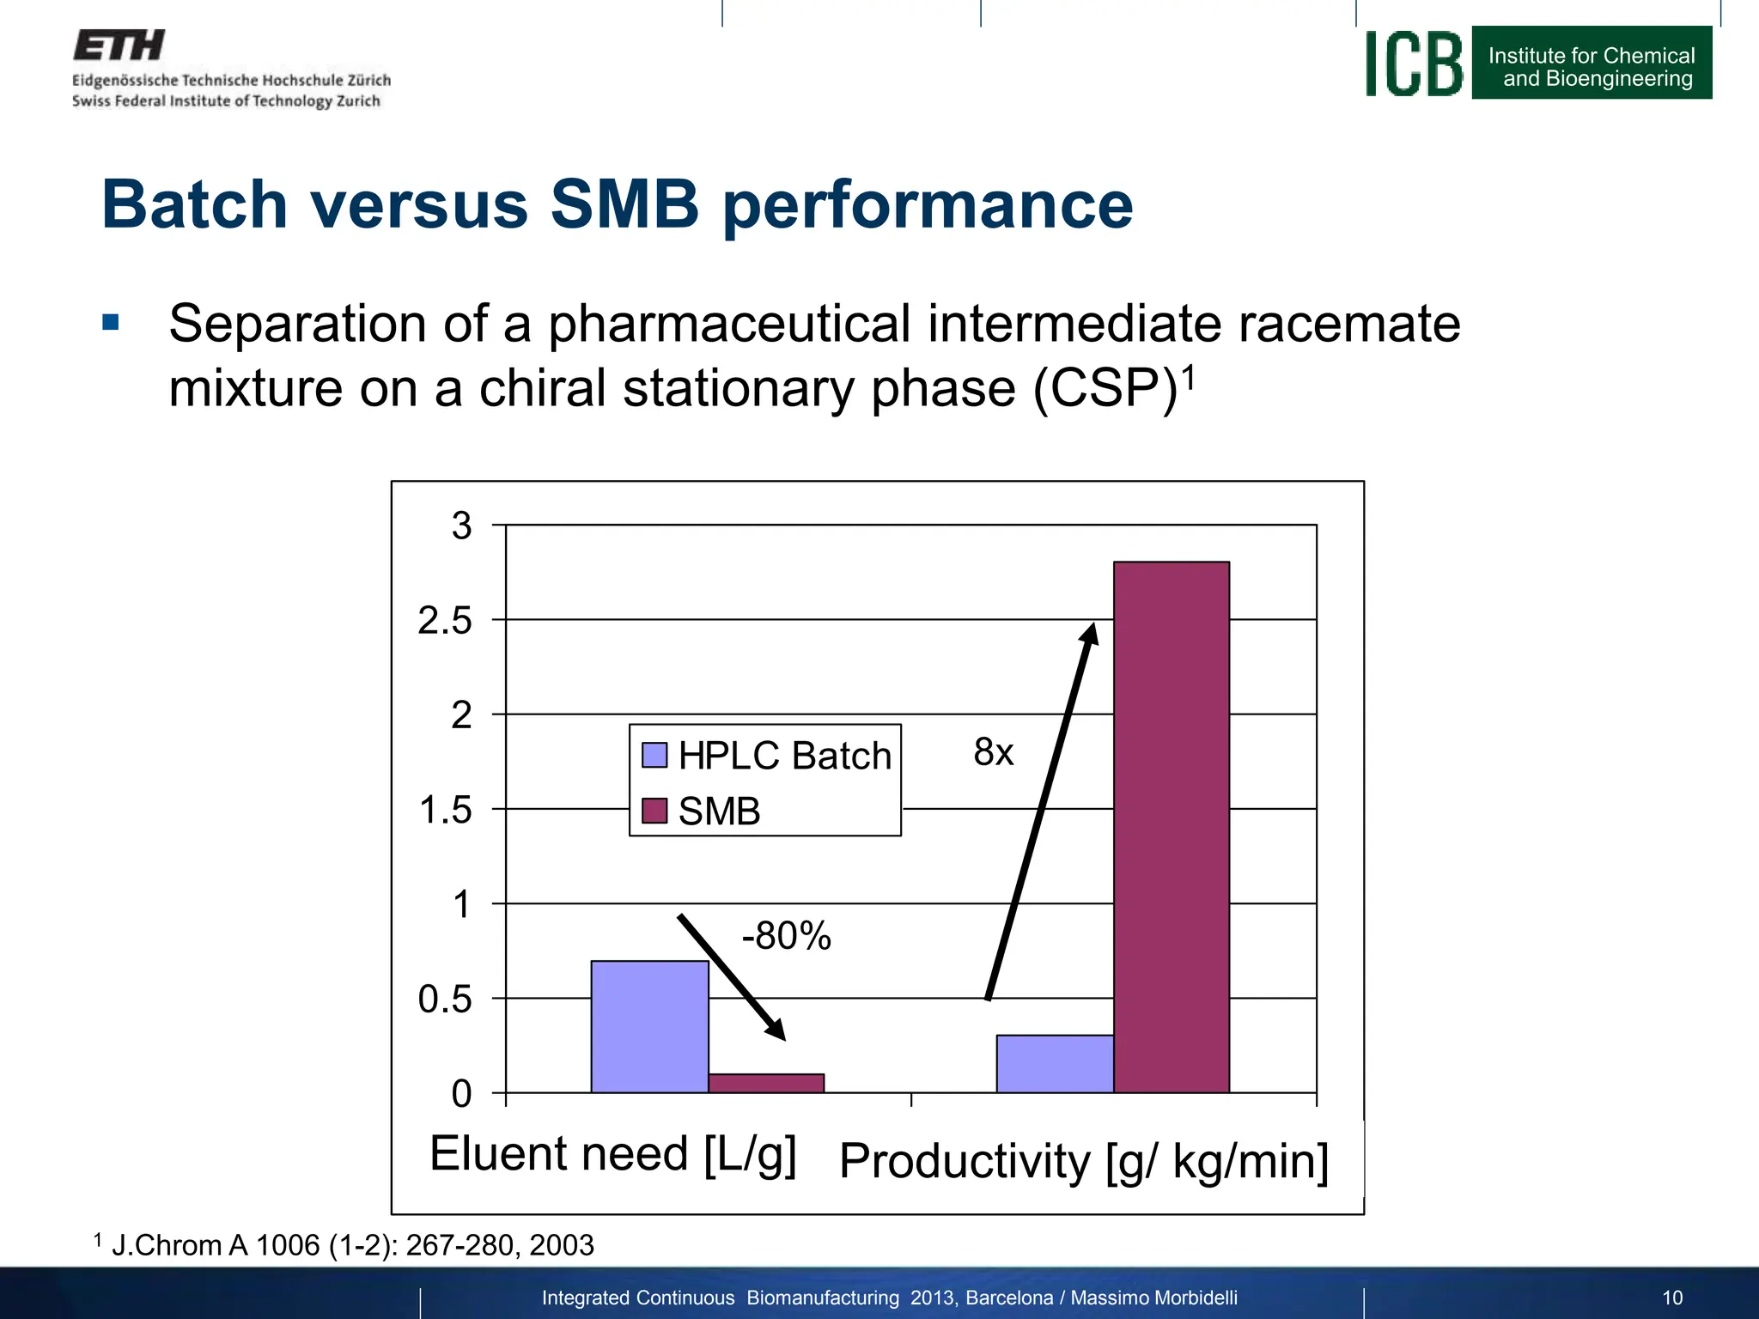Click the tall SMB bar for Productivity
(1171, 824)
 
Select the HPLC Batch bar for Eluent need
(649, 1026)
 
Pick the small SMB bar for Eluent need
(766, 1083)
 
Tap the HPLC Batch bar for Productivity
(1055, 1064)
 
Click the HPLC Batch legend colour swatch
(654, 755)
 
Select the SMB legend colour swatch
(654, 811)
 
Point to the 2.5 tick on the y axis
(445, 620)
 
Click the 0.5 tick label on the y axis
(445, 999)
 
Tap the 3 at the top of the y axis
(462, 525)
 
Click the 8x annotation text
(994, 752)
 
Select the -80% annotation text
(786, 935)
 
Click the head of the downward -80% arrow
(776, 1030)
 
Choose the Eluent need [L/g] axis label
(612, 1153)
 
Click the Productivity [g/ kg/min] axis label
(1084, 1161)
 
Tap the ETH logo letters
(119, 45)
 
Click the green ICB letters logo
(1414, 64)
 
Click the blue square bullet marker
(110, 323)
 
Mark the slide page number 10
(1672, 1298)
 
